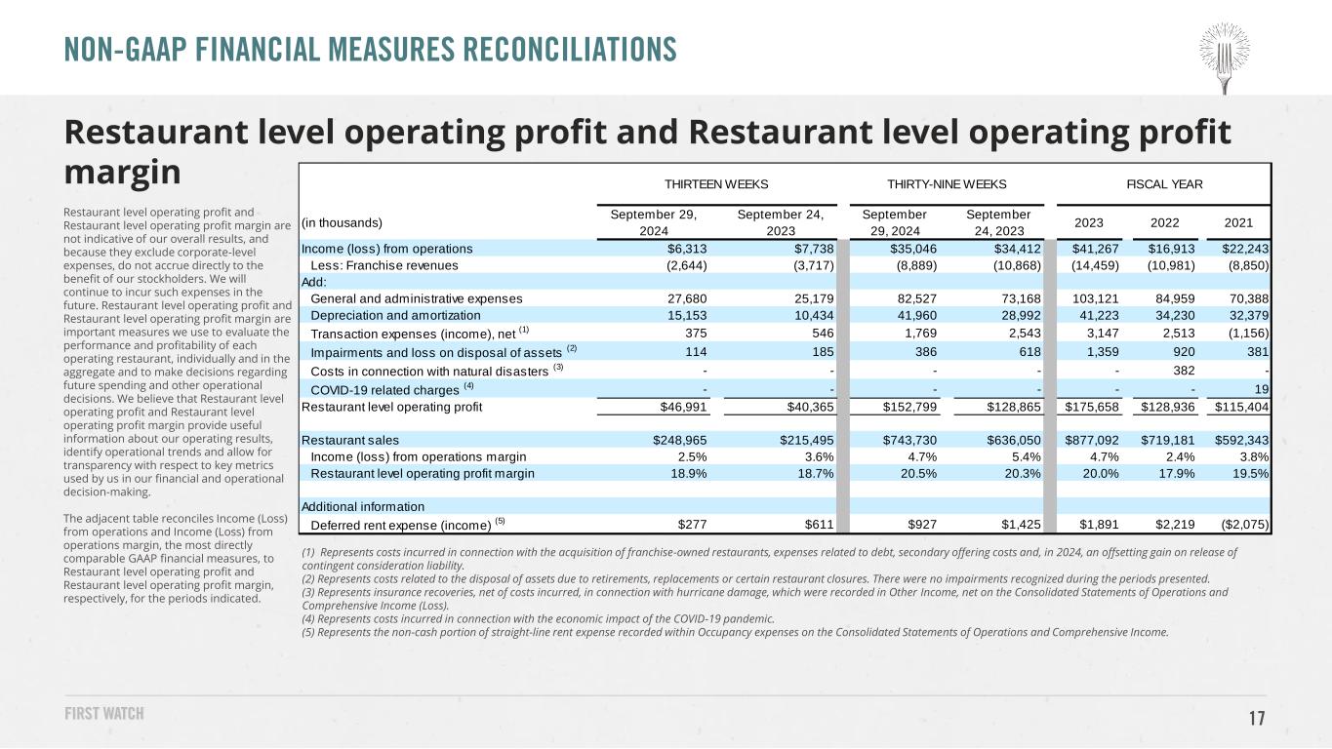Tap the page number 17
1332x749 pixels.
coord(1257,718)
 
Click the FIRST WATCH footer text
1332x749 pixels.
coord(104,713)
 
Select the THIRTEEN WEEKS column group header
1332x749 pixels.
coord(716,184)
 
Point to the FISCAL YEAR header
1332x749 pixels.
coord(1164,184)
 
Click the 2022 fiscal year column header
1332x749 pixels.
coord(1164,223)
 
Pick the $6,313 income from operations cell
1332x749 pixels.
coord(687,249)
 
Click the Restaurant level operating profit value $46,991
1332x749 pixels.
coord(683,408)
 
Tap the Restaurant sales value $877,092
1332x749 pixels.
coord(1092,441)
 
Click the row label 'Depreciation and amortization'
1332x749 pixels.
coord(395,316)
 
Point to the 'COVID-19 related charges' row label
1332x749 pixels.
coord(384,390)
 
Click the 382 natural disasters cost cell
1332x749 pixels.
coord(1184,371)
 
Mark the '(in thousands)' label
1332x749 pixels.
coord(342,223)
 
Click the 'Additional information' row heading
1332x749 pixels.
coord(363,507)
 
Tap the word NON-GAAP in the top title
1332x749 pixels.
coord(123,50)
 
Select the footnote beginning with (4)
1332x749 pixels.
coord(538,619)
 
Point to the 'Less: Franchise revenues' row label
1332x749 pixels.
coord(384,265)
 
